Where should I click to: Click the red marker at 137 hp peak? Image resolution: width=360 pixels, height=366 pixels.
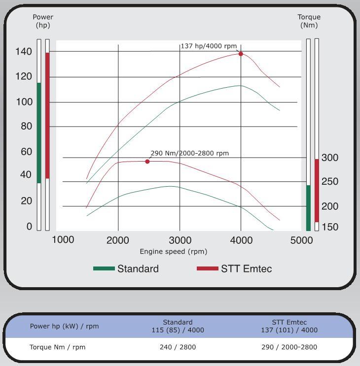point(241,54)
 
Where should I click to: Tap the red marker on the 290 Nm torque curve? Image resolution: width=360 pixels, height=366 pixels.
point(147,162)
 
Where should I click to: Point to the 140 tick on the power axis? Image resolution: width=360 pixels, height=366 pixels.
point(23,51)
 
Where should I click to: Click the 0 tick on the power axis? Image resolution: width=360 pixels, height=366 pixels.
point(29,227)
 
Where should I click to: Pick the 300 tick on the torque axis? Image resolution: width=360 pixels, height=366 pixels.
point(330,158)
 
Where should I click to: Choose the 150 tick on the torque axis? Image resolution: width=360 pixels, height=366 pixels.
point(330,227)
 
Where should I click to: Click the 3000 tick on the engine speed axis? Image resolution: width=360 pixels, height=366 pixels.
point(180,240)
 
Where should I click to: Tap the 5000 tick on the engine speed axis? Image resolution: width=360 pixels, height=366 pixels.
point(301,240)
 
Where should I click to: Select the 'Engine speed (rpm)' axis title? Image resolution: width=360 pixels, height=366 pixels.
point(173,252)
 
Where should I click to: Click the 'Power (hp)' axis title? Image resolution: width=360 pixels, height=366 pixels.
point(43,21)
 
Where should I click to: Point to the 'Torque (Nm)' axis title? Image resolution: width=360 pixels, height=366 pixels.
point(309,21)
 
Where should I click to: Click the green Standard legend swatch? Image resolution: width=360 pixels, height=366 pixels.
point(104,268)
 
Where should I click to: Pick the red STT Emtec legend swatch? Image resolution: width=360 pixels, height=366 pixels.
point(207,268)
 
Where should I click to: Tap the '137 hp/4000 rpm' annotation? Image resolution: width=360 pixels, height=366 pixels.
point(209,46)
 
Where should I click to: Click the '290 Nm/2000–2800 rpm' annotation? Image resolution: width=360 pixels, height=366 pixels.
point(189,153)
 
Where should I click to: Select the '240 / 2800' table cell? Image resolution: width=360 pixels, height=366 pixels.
point(178,347)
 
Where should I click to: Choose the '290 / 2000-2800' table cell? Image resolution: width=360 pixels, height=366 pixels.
point(289,347)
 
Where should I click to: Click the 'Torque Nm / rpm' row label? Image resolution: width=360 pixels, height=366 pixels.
point(57,347)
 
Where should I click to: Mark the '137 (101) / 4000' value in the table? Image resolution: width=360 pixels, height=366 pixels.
point(289,330)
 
